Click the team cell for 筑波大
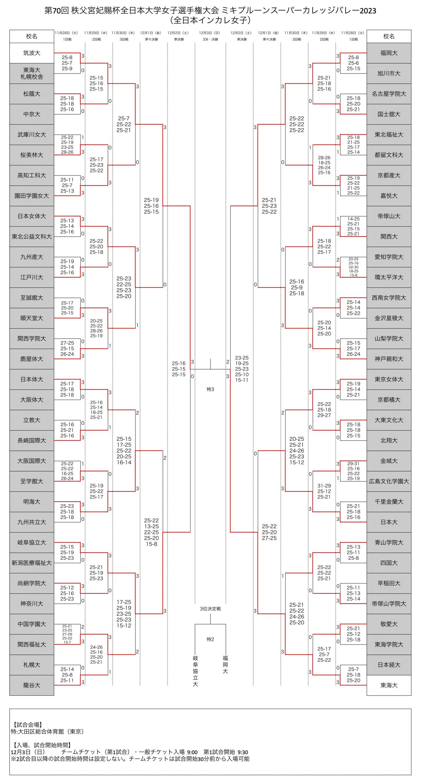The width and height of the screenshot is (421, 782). tap(32, 53)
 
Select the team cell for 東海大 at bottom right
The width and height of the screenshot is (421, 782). tap(389, 685)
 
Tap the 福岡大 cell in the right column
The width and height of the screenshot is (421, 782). tap(389, 53)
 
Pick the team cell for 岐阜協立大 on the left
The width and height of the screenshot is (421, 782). tap(32, 542)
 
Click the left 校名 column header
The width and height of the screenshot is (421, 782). tap(32, 36)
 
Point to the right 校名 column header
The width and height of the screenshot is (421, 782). tap(389, 36)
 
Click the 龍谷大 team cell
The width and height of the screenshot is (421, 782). tap(32, 685)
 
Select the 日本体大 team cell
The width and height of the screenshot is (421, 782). tap(32, 379)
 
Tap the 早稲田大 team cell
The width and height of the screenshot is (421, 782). tap(389, 583)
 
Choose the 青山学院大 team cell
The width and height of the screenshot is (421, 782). tap(389, 542)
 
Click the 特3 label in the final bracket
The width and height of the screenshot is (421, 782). tap(210, 389)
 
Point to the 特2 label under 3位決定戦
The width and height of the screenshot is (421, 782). tap(210, 639)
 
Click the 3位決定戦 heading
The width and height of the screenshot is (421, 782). tap(210, 608)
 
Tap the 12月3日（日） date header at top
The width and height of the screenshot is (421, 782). tap(209, 33)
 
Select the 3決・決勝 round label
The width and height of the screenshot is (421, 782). tap(210, 39)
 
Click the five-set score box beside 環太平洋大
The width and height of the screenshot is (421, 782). tap(353, 267)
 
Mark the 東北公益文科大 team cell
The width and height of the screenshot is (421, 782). tap(32, 236)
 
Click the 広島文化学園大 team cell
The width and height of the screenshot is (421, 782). tap(389, 481)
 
